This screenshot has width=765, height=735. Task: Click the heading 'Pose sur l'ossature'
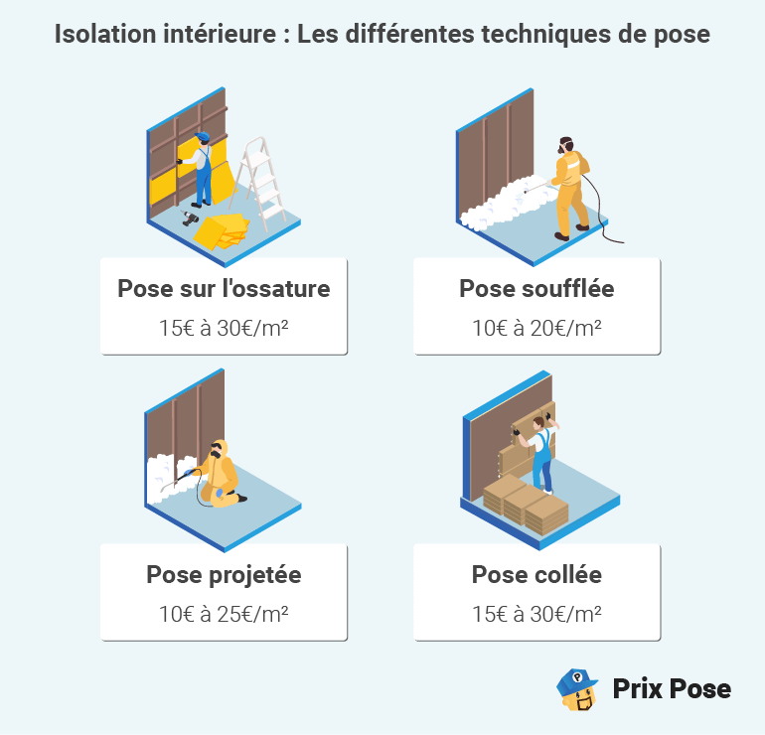[x=224, y=289]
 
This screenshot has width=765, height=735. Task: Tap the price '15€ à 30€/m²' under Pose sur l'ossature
[x=224, y=327]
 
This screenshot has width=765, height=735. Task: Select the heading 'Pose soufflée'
[x=536, y=289]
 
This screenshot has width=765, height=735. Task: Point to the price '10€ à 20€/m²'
[x=536, y=327]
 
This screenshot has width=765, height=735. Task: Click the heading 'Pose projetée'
[x=224, y=574]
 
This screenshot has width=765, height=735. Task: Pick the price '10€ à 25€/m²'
[x=224, y=613]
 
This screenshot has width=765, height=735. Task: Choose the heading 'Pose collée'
[x=536, y=574]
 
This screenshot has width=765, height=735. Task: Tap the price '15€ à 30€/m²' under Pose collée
[x=536, y=613]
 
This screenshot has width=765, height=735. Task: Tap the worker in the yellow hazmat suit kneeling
[x=220, y=473]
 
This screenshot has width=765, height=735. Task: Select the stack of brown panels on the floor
[x=526, y=502]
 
